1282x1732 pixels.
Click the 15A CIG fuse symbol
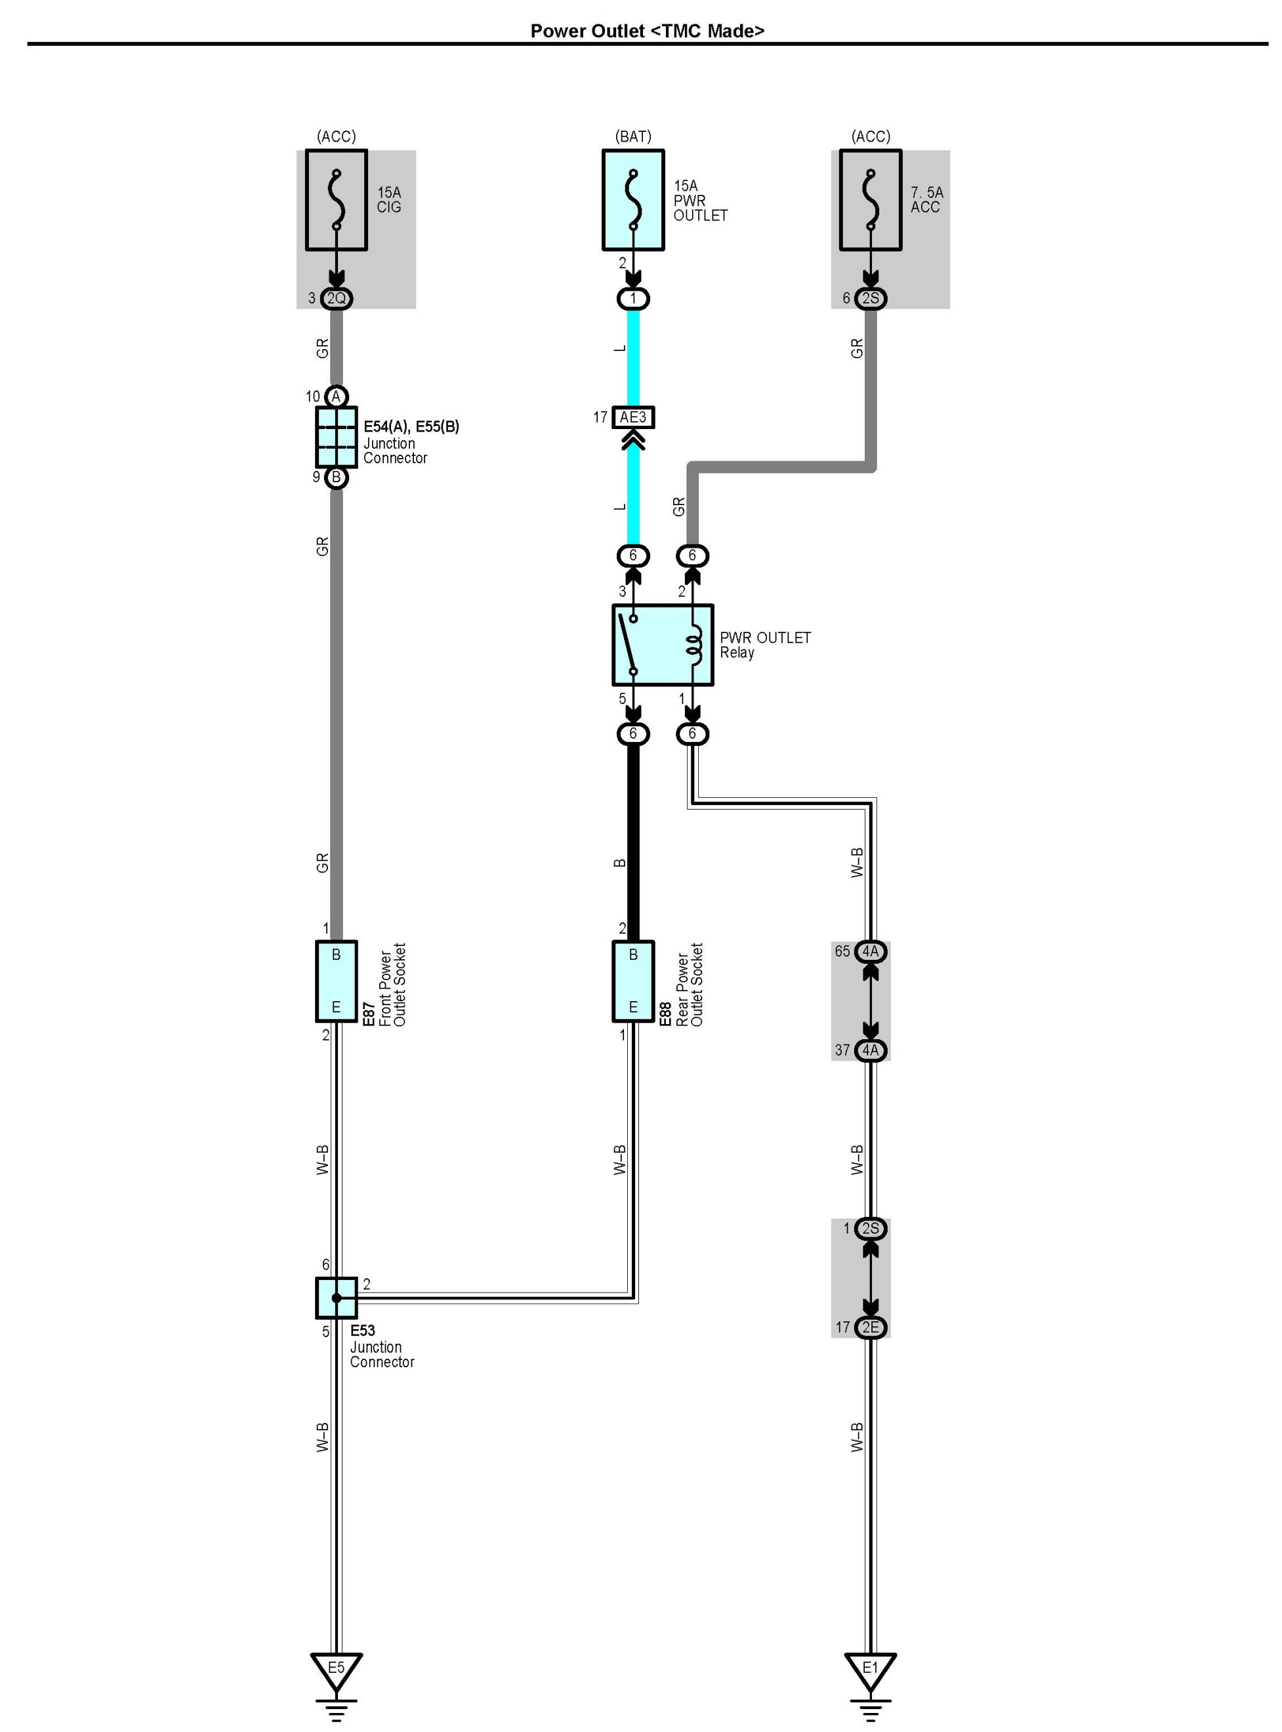[x=336, y=200]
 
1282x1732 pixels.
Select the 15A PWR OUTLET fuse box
[x=633, y=200]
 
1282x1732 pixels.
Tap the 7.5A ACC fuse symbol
[x=871, y=200]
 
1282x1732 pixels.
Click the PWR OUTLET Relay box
[x=663, y=645]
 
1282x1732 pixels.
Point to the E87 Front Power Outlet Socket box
[x=336, y=981]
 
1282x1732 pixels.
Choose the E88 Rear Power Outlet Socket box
[x=633, y=981]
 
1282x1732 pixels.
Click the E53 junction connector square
[x=336, y=1298]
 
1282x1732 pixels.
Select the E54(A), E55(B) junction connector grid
[x=336, y=437]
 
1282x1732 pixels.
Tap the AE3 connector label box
[x=633, y=417]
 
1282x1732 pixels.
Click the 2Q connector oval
[x=336, y=299]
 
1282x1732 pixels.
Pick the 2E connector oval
[x=871, y=1328]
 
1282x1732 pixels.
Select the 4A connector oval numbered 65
[x=871, y=951]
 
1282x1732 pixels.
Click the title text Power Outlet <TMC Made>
[x=647, y=31]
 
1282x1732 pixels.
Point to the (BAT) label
[x=633, y=136]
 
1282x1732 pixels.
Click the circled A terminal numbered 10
[x=336, y=396]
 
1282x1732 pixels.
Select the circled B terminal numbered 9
[x=336, y=477]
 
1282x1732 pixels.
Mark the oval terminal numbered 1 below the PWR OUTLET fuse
[x=633, y=299]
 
